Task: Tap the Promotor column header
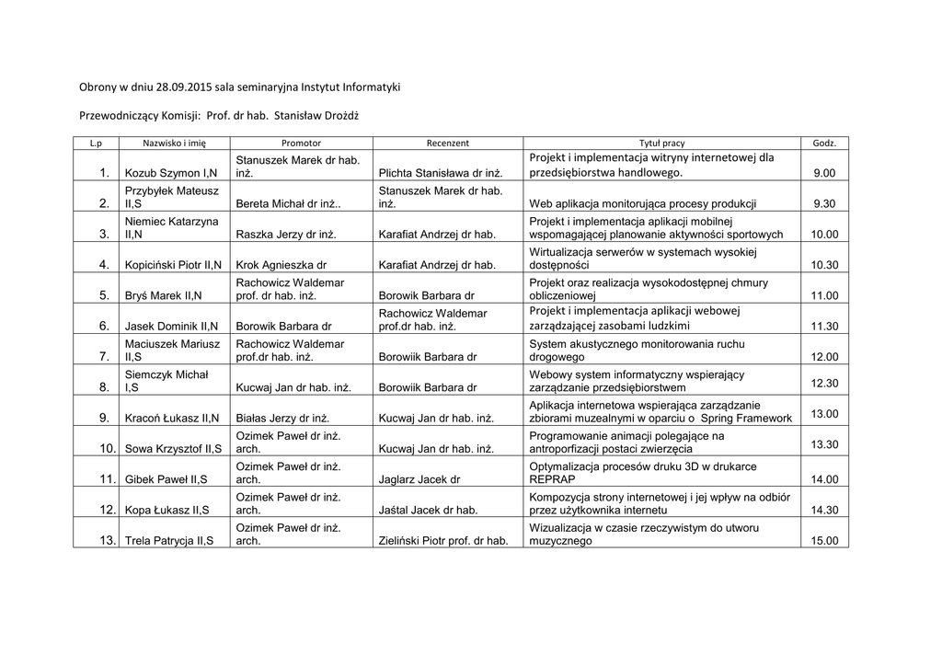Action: pos(301,144)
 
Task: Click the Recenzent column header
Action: pos(448,144)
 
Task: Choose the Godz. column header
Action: pos(823,144)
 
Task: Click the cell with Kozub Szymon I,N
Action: pos(171,173)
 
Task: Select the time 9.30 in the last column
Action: pos(824,203)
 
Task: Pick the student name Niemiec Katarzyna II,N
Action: pos(171,228)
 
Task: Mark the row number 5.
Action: pos(104,295)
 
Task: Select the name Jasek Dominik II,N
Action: pos(171,326)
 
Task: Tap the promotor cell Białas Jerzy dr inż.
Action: pos(283,419)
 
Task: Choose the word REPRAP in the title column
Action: pos(553,479)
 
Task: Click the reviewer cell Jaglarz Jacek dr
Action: pos(419,479)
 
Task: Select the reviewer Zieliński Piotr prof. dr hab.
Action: pos(443,541)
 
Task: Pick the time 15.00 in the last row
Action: pos(823,541)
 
